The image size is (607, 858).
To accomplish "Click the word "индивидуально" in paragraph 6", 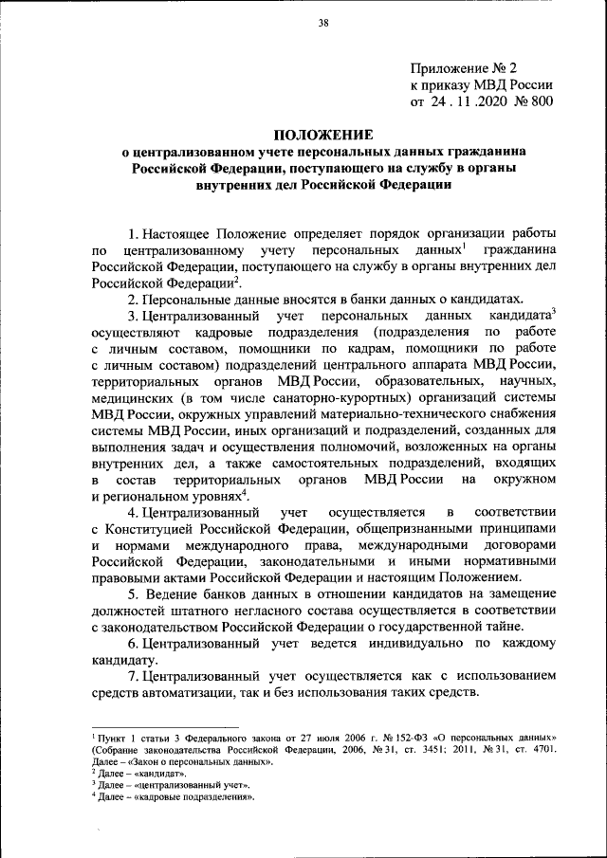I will click(417, 643).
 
